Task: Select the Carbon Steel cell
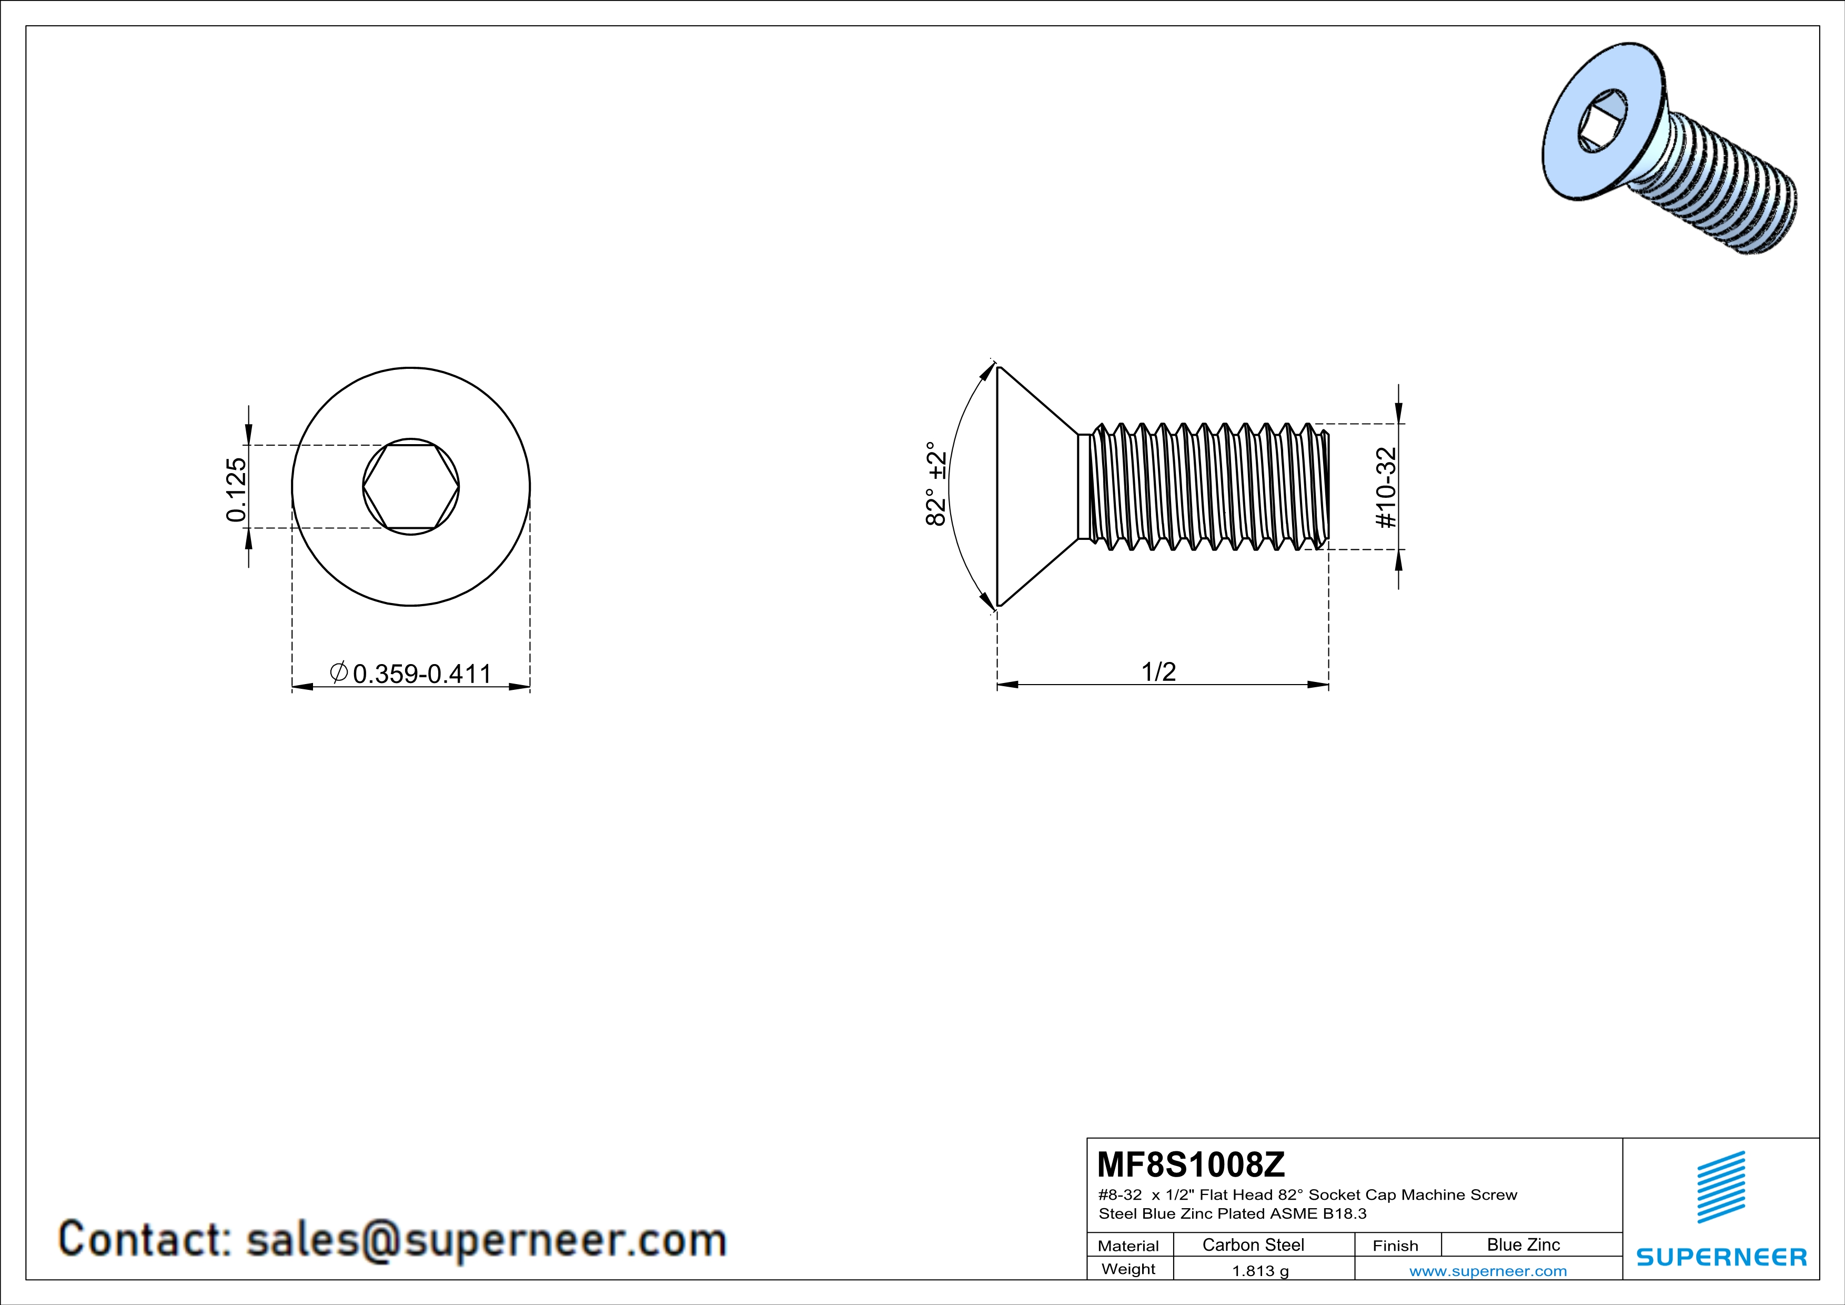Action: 1253,1244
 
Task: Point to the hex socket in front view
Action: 411,487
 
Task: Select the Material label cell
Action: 1128,1246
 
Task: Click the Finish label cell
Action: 1395,1246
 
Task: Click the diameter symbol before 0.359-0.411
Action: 339,672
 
